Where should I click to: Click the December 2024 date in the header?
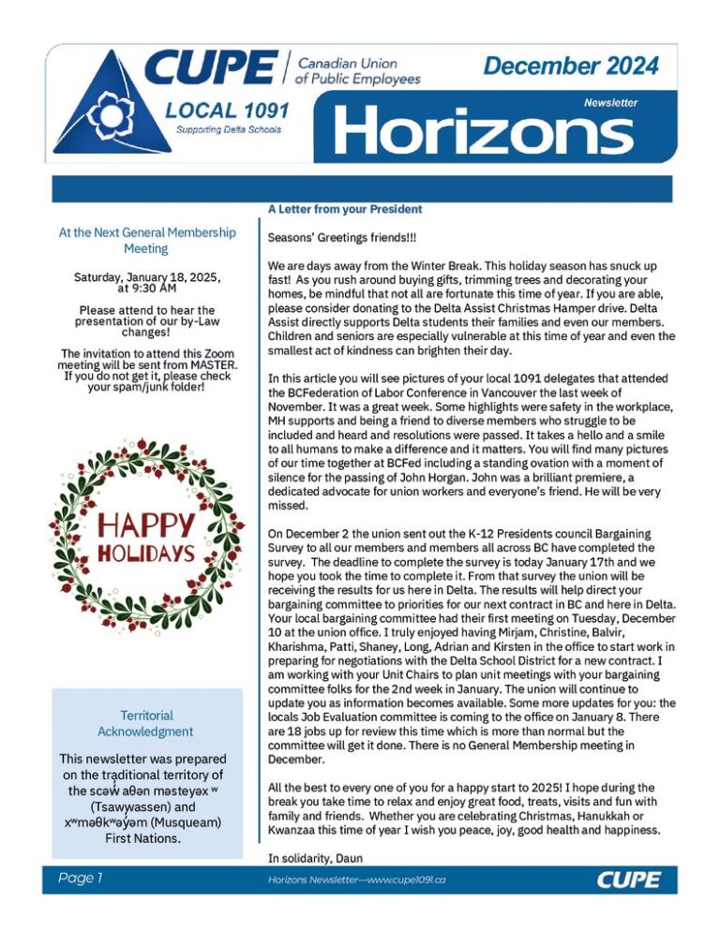click(571, 66)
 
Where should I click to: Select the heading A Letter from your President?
click(331, 209)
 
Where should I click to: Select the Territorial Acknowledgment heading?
click(145, 723)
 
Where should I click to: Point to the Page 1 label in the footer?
click(79, 879)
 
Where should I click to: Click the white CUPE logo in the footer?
click(628, 879)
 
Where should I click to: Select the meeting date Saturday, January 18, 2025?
click(145, 278)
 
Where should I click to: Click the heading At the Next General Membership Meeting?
click(146, 241)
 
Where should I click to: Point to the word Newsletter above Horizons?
click(610, 103)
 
